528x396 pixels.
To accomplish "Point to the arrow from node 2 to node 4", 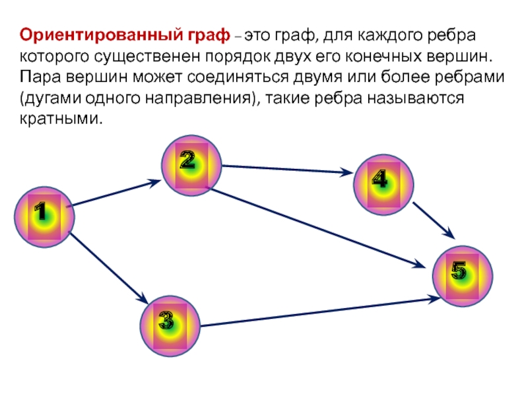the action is point(288,170).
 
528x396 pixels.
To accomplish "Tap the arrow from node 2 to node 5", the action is point(317,228).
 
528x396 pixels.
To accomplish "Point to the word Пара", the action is point(41,77).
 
